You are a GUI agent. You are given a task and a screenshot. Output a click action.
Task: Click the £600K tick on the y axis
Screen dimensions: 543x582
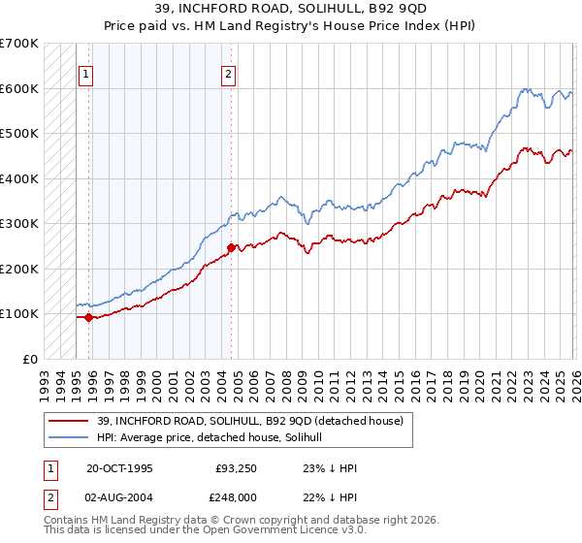coord(19,88)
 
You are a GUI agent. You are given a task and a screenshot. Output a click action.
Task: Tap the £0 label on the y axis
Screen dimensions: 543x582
coord(29,359)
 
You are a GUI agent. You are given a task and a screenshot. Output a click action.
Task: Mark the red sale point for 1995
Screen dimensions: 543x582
coord(89,316)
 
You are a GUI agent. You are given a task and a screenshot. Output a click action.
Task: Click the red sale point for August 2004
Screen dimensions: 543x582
coord(231,247)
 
